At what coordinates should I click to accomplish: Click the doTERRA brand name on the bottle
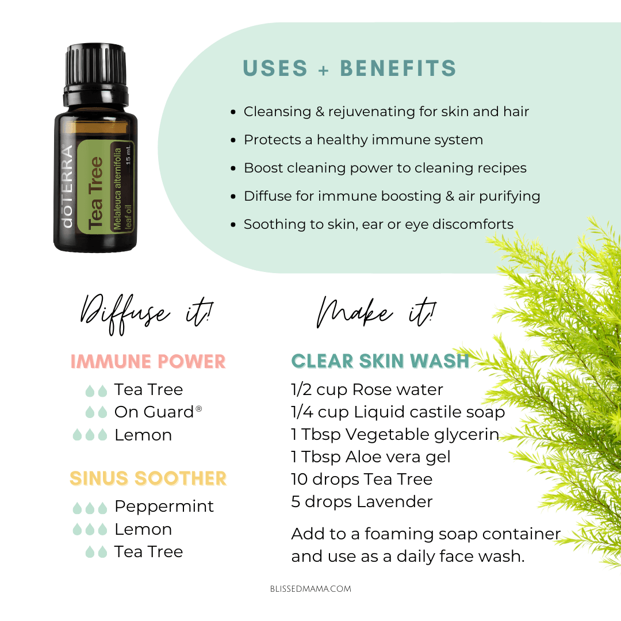pyautogui.click(x=67, y=186)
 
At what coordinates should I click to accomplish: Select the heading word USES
pyautogui.click(x=275, y=68)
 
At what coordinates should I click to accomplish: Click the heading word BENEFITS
pyautogui.click(x=398, y=68)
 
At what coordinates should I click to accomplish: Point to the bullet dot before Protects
pyautogui.click(x=233, y=140)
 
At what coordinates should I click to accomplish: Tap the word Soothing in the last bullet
pyautogui.click(x=275, y=225)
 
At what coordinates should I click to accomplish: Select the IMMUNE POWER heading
pyautogui.click(x=148, y=362)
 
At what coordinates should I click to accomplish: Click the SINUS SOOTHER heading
pyautogui.click(x=148, y=478)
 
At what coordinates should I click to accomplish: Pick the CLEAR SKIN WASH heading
pyautogui.click(x=380, y=361)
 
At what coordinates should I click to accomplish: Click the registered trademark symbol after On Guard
pyautogui.click(x=199, y=408)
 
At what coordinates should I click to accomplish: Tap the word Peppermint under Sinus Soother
pyautogui.click(x=164, y=507)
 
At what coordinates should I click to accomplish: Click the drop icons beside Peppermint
pyautogui.click(x=90, y=508)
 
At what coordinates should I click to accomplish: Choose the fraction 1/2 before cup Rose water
pyautogui.click(x=301, y=390)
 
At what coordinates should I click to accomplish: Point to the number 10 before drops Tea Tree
pyautogui.click(x=300, y=479)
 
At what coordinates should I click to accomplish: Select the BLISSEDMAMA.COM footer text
pyautogui.click(x=310, y=589)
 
